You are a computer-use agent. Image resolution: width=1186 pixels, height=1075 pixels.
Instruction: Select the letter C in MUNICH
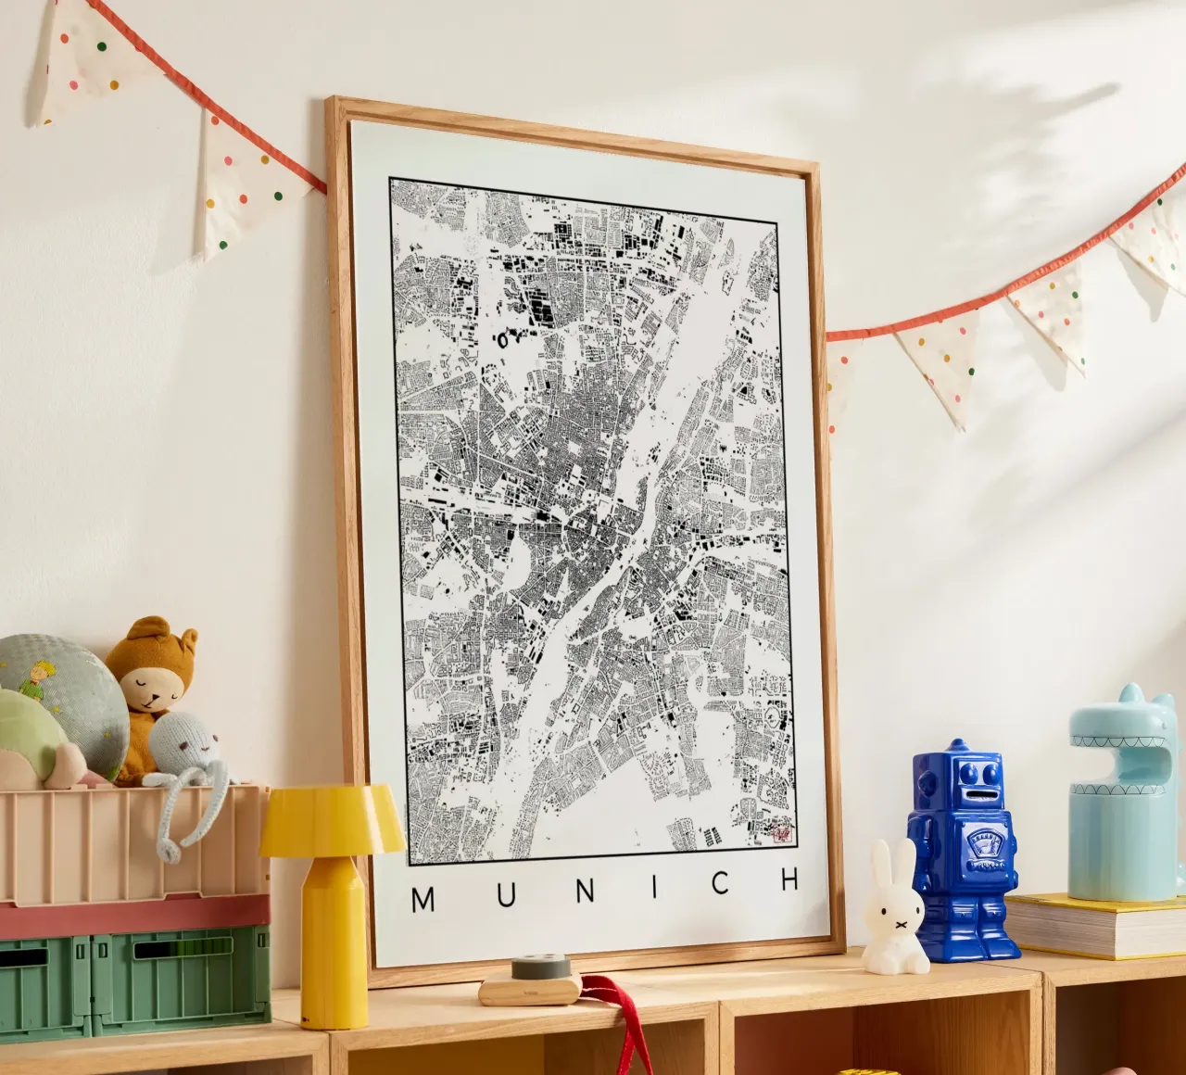tap(720, 882)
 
